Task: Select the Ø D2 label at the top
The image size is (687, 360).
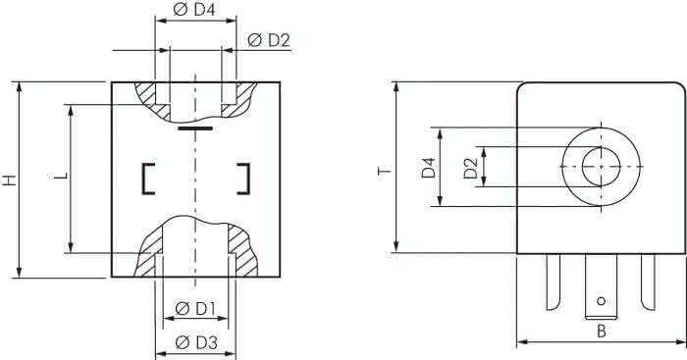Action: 268,40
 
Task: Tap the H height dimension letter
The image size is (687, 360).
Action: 9,180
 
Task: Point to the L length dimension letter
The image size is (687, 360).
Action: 61,176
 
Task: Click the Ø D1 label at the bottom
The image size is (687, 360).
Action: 195,309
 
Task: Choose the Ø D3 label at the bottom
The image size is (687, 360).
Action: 195,342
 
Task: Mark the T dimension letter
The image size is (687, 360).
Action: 385,171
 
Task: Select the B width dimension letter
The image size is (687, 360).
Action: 601,332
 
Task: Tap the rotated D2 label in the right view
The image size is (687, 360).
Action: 470,168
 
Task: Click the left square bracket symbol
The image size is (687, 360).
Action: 148,177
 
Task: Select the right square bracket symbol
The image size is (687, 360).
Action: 242,177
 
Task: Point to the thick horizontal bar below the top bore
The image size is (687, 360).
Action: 195,128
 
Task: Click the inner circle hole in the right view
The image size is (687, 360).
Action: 600,168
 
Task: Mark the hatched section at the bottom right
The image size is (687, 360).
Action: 242,254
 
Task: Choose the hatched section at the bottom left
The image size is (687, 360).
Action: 148,256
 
